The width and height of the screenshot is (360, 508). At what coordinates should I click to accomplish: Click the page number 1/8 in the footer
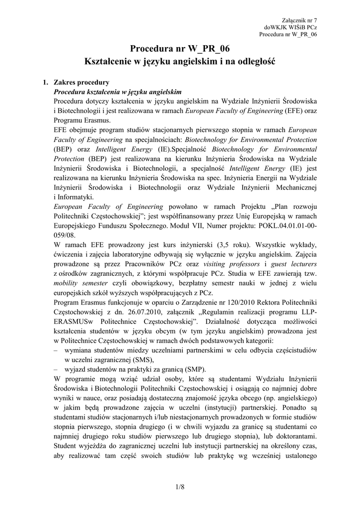tap(180, 487)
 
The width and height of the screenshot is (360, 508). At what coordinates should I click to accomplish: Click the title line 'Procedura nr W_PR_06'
tap(180, 49)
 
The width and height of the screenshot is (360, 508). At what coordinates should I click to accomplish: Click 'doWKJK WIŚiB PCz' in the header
tap(290, 26)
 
